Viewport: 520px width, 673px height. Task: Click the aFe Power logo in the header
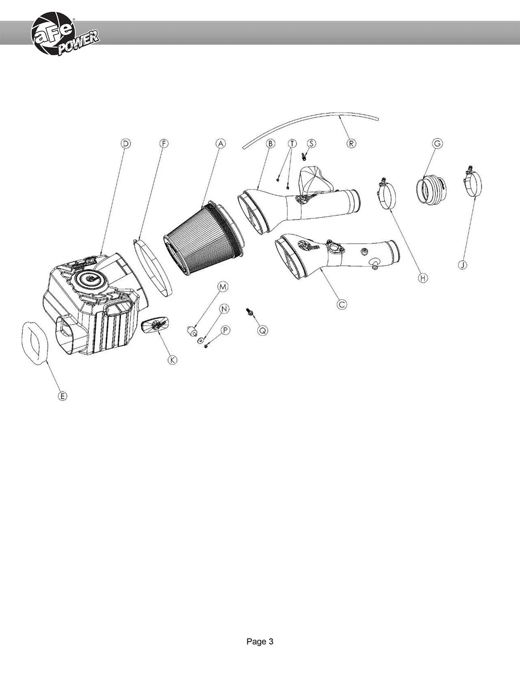pos(65,34)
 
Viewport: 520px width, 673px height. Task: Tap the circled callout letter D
pos(126,143)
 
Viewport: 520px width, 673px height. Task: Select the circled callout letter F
pos(164,143)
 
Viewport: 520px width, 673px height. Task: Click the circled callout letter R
pos(351,143)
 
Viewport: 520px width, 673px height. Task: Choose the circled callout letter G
pos(438,143)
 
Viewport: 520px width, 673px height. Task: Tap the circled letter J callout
pos(462,265)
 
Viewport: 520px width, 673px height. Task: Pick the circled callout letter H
pos(423,278)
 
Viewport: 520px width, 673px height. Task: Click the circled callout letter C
pos(342,305)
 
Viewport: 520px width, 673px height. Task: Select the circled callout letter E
pos(63,396)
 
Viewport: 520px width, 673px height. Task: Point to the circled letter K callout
pos(172,360)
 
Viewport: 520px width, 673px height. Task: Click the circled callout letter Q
pos(263,331)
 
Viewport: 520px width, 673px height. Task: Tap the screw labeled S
pos(303,156)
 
